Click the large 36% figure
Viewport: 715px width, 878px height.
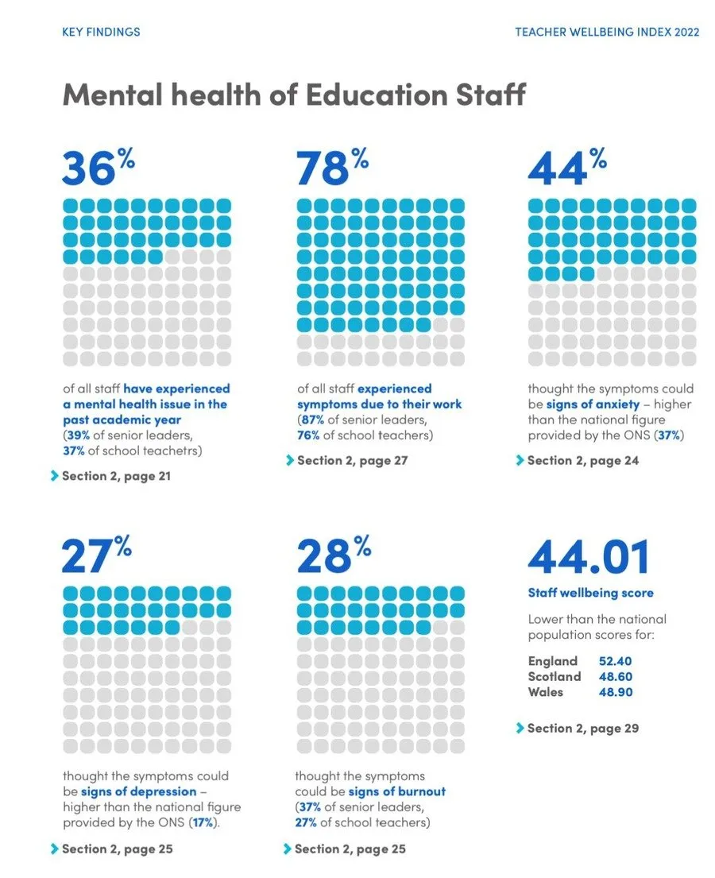[98, 168]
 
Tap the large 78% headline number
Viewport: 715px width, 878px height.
[332, 168]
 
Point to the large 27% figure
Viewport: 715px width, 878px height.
[95, 555]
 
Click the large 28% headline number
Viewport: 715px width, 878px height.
[332, 555]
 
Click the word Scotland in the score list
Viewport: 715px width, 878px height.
[555, 676]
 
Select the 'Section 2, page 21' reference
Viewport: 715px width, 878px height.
[116, 477]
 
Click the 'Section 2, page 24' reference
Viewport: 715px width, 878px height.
[582, 460]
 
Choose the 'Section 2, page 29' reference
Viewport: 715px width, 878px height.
[582, 728]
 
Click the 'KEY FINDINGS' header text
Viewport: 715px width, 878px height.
[101, 33]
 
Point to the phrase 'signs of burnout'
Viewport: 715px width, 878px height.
[396, 791]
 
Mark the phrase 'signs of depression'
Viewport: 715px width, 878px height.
[138, 791]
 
